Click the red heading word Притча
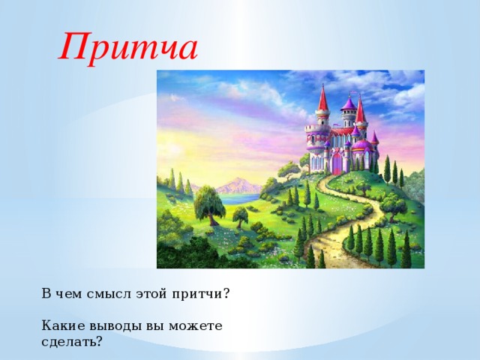pyautogui.click(x=129, y=47)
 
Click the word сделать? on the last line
pyautogui.click(x=73, y=341)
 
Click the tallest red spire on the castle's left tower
pyautogui.click(x=323, y=99)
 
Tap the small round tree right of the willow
pyautogui.click(x=241, y=215)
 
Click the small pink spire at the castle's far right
pyautogui.click(x=374, y=138)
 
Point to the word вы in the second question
pyautogui.click(x=154, y=325)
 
